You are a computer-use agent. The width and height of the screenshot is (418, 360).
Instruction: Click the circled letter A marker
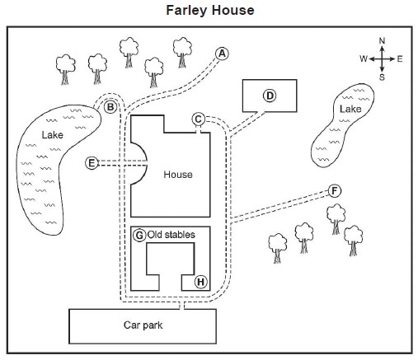[222, 54]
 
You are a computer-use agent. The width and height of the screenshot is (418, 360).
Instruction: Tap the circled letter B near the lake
[110, 107]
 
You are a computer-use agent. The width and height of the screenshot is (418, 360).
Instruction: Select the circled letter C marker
[198, 119]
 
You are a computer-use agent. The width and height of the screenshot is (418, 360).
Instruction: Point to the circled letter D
[270, 96]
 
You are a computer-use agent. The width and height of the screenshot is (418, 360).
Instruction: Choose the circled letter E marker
[92, 163]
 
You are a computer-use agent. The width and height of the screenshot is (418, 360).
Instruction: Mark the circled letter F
[335, 191]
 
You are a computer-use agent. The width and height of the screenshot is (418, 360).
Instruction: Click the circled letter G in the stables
[139, 236]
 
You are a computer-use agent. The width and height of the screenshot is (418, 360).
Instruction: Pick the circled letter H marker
[201, 282]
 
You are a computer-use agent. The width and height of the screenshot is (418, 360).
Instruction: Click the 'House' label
[178, 175]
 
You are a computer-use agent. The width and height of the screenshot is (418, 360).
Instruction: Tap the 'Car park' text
[143, 325]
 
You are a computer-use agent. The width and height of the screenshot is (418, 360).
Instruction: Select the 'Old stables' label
[171, 235]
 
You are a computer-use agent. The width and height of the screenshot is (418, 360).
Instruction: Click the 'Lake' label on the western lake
[53, 135]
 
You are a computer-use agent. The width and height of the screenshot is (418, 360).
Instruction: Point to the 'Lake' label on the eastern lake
[350, 109]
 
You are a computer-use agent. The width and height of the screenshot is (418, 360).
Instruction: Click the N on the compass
[382, 41]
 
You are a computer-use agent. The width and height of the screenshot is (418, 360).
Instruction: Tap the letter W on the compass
[364, 58]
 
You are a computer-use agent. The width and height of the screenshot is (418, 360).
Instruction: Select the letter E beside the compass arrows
[400, 58]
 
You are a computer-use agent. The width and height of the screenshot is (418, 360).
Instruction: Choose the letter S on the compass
[382, 77]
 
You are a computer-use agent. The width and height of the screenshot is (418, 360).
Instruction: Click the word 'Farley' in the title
[186, 11]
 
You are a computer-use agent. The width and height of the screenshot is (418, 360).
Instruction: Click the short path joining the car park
[181, 306]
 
